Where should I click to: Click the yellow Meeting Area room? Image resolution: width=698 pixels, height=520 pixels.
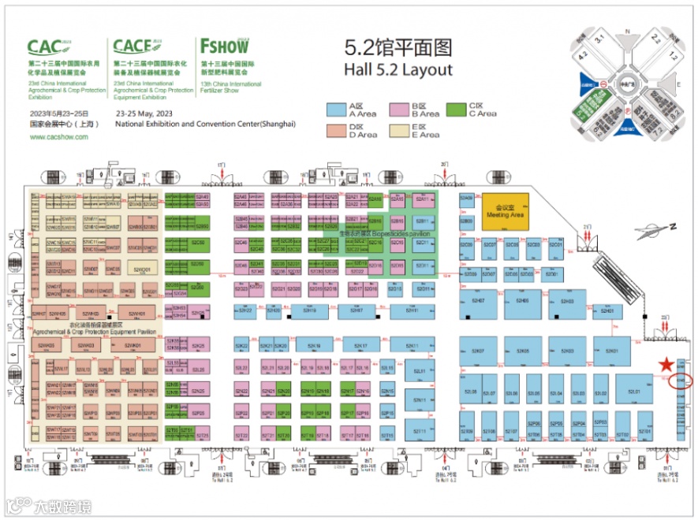(x=505, y=210)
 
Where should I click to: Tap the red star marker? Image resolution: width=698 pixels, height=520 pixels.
(x=666, y=364)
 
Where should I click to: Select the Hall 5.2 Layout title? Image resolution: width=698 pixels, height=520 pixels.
(x=398, y=69)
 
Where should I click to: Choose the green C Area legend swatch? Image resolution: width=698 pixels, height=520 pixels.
(x=456, y=110)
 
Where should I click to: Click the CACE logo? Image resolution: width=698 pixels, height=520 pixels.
(x=136, y=46)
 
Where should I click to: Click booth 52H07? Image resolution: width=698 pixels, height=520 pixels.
(x=478, y=301)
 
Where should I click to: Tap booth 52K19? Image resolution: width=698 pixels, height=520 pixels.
(x=313, y=346)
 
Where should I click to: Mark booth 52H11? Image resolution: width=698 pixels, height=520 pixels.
(x=411, y=311)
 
